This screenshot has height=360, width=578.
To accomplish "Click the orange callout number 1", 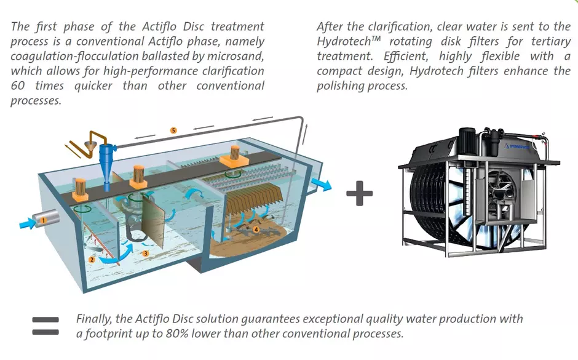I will pyautogui.click(x=44, y=219).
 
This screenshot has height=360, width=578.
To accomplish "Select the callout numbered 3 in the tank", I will pyautogui.click(x=145, y=252).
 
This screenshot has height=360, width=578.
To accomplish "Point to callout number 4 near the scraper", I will pyautogui.click(x=256, y=230).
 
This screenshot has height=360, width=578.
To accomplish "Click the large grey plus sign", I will pyautogui.click(x=360, y=194).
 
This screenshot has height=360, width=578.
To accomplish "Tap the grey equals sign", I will pyautogui.click(x=46, y=326).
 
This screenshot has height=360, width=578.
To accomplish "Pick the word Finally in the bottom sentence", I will pyautogui.click(x=93, y=319).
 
